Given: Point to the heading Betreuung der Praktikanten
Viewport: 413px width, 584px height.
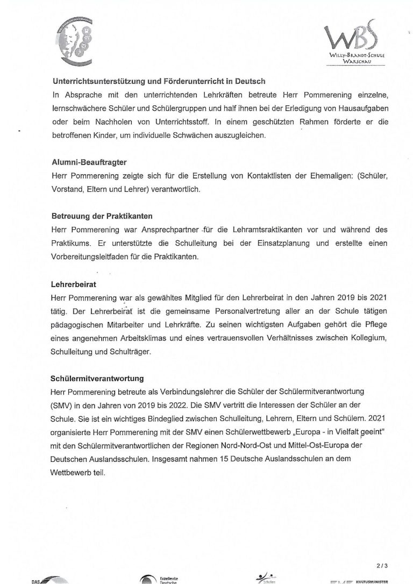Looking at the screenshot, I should point(102,216).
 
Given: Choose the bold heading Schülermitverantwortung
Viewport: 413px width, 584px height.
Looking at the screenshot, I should point(97,378).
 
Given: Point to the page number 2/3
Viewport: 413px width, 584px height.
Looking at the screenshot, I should point(381,566).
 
